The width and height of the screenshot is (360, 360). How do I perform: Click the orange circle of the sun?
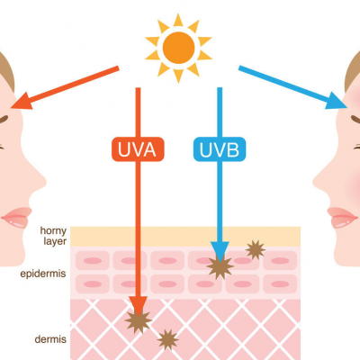178,48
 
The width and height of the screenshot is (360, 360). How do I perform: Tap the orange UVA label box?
138,149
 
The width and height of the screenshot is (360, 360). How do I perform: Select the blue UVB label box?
220,149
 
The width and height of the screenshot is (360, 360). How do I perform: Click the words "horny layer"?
53,236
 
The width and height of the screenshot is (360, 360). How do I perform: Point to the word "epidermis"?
43,274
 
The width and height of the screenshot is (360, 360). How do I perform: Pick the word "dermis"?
50,339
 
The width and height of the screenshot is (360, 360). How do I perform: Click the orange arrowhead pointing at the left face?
22,101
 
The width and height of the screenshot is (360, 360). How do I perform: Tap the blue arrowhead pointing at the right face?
336,101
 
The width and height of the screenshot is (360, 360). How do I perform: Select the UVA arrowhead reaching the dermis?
138,306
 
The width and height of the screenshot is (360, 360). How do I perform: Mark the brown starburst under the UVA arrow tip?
138,321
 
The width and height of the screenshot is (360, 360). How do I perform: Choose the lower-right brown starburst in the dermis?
167,339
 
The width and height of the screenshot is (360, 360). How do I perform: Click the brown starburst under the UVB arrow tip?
220,266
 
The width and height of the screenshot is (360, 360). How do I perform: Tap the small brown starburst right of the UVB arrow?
256,249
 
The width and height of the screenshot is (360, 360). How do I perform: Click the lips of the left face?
17,218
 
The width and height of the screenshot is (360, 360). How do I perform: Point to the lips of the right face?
342,218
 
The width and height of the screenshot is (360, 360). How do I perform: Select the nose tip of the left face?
45,182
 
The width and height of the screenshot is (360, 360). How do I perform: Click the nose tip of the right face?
314,182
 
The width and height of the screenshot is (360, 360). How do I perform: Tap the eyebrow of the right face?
355,119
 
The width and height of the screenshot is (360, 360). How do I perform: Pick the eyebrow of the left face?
4,119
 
